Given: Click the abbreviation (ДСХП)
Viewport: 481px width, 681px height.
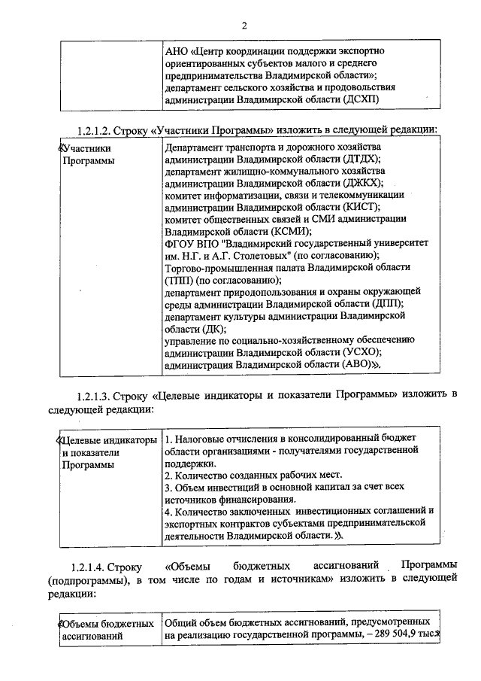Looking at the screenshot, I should pos(359,99).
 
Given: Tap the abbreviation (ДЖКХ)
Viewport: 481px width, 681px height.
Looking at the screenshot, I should pos(362,183).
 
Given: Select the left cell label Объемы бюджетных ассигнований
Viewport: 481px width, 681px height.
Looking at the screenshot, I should pos(105,630).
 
